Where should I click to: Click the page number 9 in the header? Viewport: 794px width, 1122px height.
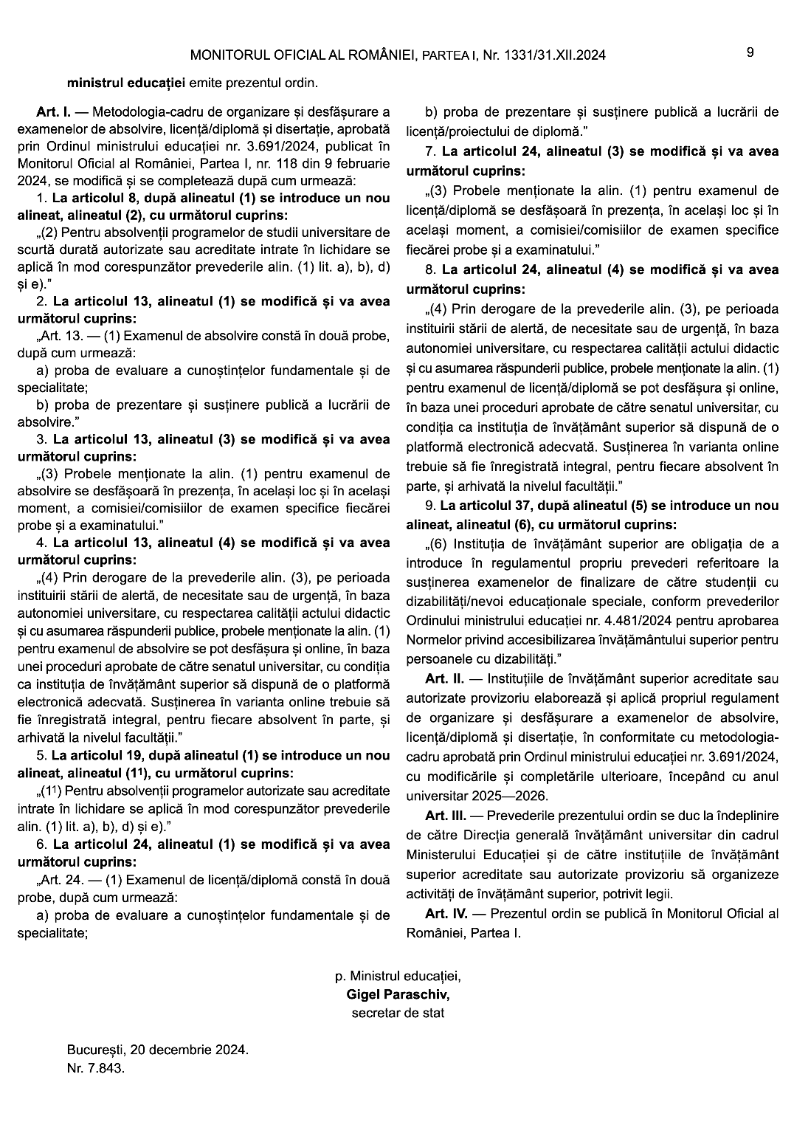pyautogui.click(x=750, y=52)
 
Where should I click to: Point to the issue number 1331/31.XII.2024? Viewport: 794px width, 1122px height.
pyautogui.click(x=553, y=55)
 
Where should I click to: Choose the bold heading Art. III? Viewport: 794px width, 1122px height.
pyautogui.click(x=446, y=816)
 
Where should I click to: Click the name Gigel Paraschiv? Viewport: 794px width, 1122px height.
pyautogui.click(x=398, y=994)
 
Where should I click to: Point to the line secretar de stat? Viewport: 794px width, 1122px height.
pyautogui.click(x=398, y=1013)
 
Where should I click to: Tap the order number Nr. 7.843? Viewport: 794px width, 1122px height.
pyautogui.click(x=95, y=1068)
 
